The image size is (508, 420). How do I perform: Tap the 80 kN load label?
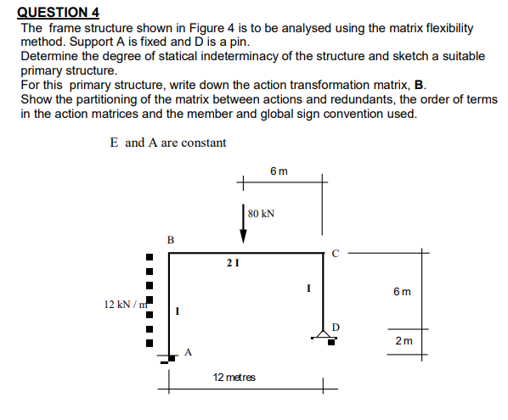coord(259,213)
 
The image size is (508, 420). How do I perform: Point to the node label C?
coord(336,253)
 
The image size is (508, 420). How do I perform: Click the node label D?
coord(336,325)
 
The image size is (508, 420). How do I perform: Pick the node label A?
coord(189,351)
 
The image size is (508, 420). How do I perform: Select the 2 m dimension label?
coord(405,340)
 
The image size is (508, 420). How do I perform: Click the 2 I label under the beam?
coord(231,264)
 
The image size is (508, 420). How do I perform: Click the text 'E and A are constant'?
coord(168,143)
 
